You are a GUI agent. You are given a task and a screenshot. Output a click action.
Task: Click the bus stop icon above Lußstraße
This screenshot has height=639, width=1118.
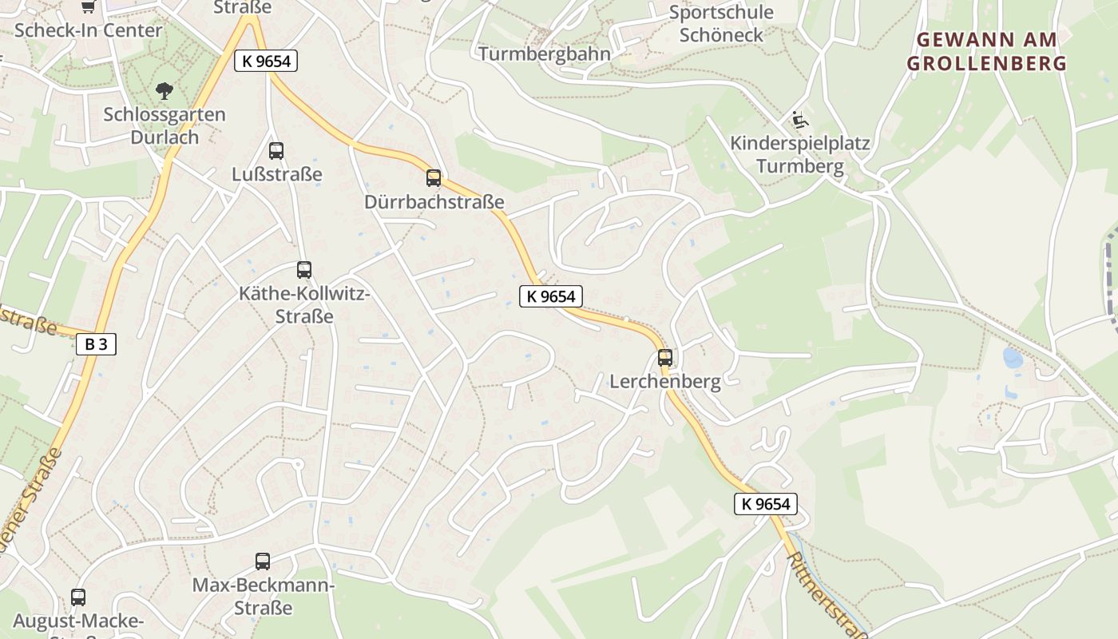point(276,150)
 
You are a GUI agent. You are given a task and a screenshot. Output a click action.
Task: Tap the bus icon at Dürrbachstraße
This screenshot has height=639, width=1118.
point(434,178)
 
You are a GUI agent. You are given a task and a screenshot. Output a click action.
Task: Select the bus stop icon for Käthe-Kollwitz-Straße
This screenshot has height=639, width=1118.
point(304,270)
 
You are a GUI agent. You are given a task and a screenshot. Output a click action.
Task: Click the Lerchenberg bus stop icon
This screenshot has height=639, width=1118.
point(665,358)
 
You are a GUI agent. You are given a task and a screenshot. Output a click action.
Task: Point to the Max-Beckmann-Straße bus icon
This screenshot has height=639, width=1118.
point(263,562)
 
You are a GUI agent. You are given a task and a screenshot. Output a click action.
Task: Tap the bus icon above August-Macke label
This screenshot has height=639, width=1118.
point(78,597)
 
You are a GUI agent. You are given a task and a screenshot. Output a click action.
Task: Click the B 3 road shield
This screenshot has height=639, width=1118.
point(96,344)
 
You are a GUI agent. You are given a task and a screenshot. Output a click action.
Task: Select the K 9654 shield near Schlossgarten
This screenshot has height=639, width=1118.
point(266,61)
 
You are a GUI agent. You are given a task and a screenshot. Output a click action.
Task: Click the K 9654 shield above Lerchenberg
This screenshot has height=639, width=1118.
point(550,296)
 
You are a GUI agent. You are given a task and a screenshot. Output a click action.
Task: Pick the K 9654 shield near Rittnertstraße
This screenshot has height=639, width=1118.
point(766,503)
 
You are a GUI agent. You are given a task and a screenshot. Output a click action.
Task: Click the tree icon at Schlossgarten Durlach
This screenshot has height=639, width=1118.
point(165,90)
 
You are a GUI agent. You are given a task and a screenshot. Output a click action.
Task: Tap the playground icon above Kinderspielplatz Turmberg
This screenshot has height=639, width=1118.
point(799,121)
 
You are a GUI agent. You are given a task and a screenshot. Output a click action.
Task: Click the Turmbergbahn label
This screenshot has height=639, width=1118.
point(545,54)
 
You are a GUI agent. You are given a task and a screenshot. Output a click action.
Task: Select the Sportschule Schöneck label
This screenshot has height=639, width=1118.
point(721,23)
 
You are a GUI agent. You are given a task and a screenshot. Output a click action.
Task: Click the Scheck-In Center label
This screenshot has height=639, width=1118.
point(88,30)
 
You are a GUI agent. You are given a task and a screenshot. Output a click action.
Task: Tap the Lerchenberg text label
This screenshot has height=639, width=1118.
point(665,382)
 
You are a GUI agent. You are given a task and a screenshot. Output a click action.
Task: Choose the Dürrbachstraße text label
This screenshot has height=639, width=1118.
point(434,202)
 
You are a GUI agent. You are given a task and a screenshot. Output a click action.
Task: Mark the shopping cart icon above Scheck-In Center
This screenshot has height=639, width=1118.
point(89,6)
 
